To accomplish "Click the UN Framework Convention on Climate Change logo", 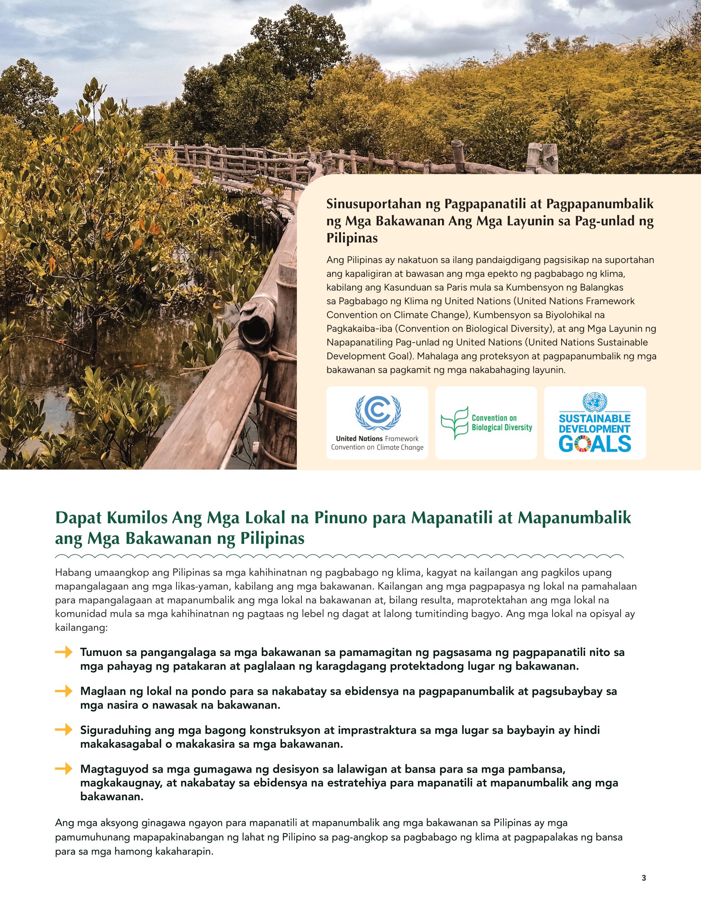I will coord(377,423).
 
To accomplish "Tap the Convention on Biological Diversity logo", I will coord(486,423).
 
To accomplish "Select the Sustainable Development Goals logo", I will coord(595,423).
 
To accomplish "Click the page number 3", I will coord(644,878).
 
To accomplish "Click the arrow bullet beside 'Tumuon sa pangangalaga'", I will coord(64,653).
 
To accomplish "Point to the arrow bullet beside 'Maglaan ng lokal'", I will coord(64,691).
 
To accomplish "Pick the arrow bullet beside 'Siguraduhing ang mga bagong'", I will coord(64,730).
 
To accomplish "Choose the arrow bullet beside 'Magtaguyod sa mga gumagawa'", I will coord(64,769).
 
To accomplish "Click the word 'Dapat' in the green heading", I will coord(79,518).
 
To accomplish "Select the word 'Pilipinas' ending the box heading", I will coord(352,238).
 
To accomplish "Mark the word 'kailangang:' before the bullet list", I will coord(81,627).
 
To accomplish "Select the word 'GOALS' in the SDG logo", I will coord(595,444).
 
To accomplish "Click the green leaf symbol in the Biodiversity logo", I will coord(454,423).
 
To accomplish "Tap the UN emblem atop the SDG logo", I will coord(595,402).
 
